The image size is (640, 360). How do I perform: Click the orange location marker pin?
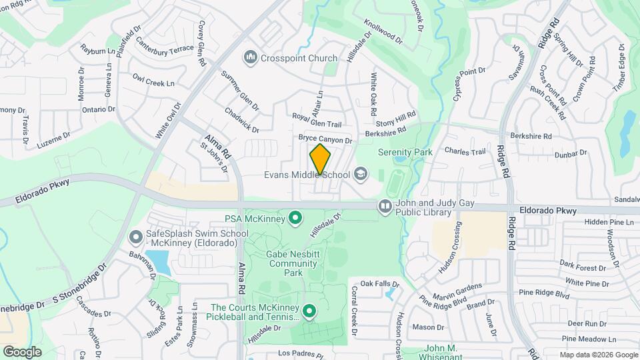(320, 159)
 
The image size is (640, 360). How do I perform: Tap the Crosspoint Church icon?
(251, 58)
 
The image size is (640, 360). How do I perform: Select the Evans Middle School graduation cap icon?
(361, 175)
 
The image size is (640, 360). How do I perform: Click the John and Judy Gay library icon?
(385, 207)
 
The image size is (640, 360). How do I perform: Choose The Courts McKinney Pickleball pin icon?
(309, 311)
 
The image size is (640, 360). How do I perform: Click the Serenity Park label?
(405, 152)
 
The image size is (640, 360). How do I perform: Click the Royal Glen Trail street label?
(317, 121)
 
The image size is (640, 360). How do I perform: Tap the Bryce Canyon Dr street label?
(325, 139)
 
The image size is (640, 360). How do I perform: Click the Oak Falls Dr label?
(375, 283)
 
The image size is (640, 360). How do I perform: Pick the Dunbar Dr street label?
(570, 153)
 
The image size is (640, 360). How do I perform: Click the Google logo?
(22, 351)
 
